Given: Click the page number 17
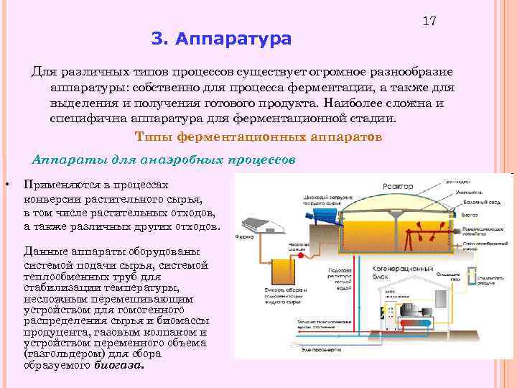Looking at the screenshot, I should (429, 22).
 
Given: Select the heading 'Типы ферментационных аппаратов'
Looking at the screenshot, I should (258, 137).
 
